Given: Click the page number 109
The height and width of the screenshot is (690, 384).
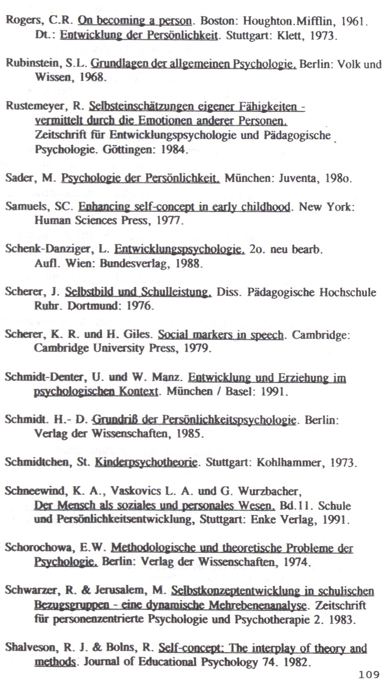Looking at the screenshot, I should tap(368, 674).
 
